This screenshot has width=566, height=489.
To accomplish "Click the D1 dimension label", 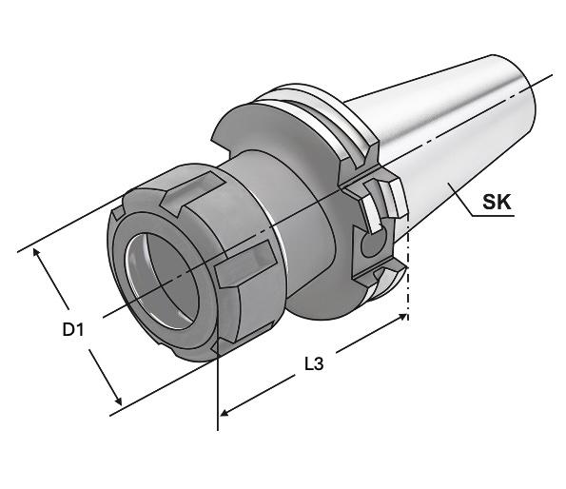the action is (73, 329).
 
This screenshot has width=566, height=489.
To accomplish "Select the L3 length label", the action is (314, 364).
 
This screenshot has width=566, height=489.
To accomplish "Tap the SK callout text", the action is (498, 202).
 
